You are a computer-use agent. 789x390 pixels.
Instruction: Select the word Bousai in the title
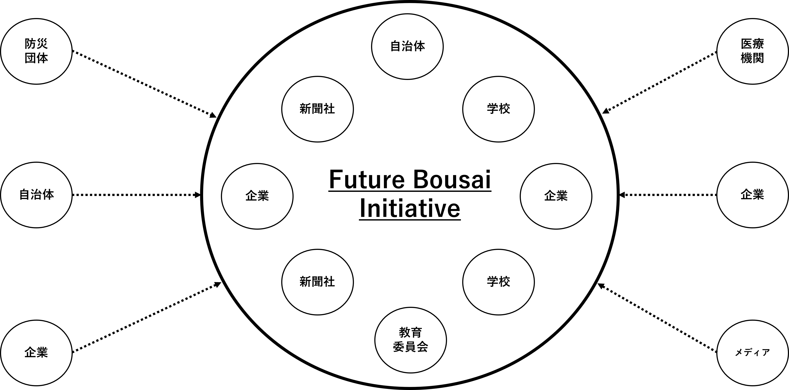[452, 180]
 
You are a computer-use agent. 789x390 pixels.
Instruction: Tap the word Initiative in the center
[410, 209]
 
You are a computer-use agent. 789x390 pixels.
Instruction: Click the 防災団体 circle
[36, 51]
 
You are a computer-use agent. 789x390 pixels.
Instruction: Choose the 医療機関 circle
[753, 51]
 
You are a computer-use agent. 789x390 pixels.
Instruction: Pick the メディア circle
[753, 353]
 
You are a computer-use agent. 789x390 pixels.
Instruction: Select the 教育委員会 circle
[410, 340]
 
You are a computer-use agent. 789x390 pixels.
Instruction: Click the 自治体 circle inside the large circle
[407, 46]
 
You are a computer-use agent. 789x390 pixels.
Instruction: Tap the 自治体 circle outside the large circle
[36, 195]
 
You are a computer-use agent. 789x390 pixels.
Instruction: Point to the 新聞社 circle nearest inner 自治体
[317, 109]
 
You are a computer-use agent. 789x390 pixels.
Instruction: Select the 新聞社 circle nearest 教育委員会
[317, 282]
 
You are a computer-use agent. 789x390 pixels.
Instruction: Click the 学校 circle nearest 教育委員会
[498, 282]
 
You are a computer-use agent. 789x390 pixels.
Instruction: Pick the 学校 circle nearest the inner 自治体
[498, 109]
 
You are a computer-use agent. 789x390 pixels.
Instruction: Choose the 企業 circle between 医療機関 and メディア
[753, 195]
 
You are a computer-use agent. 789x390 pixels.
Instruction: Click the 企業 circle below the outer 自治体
[36, 353]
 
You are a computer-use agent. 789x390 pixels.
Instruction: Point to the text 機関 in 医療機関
[753, 58]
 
